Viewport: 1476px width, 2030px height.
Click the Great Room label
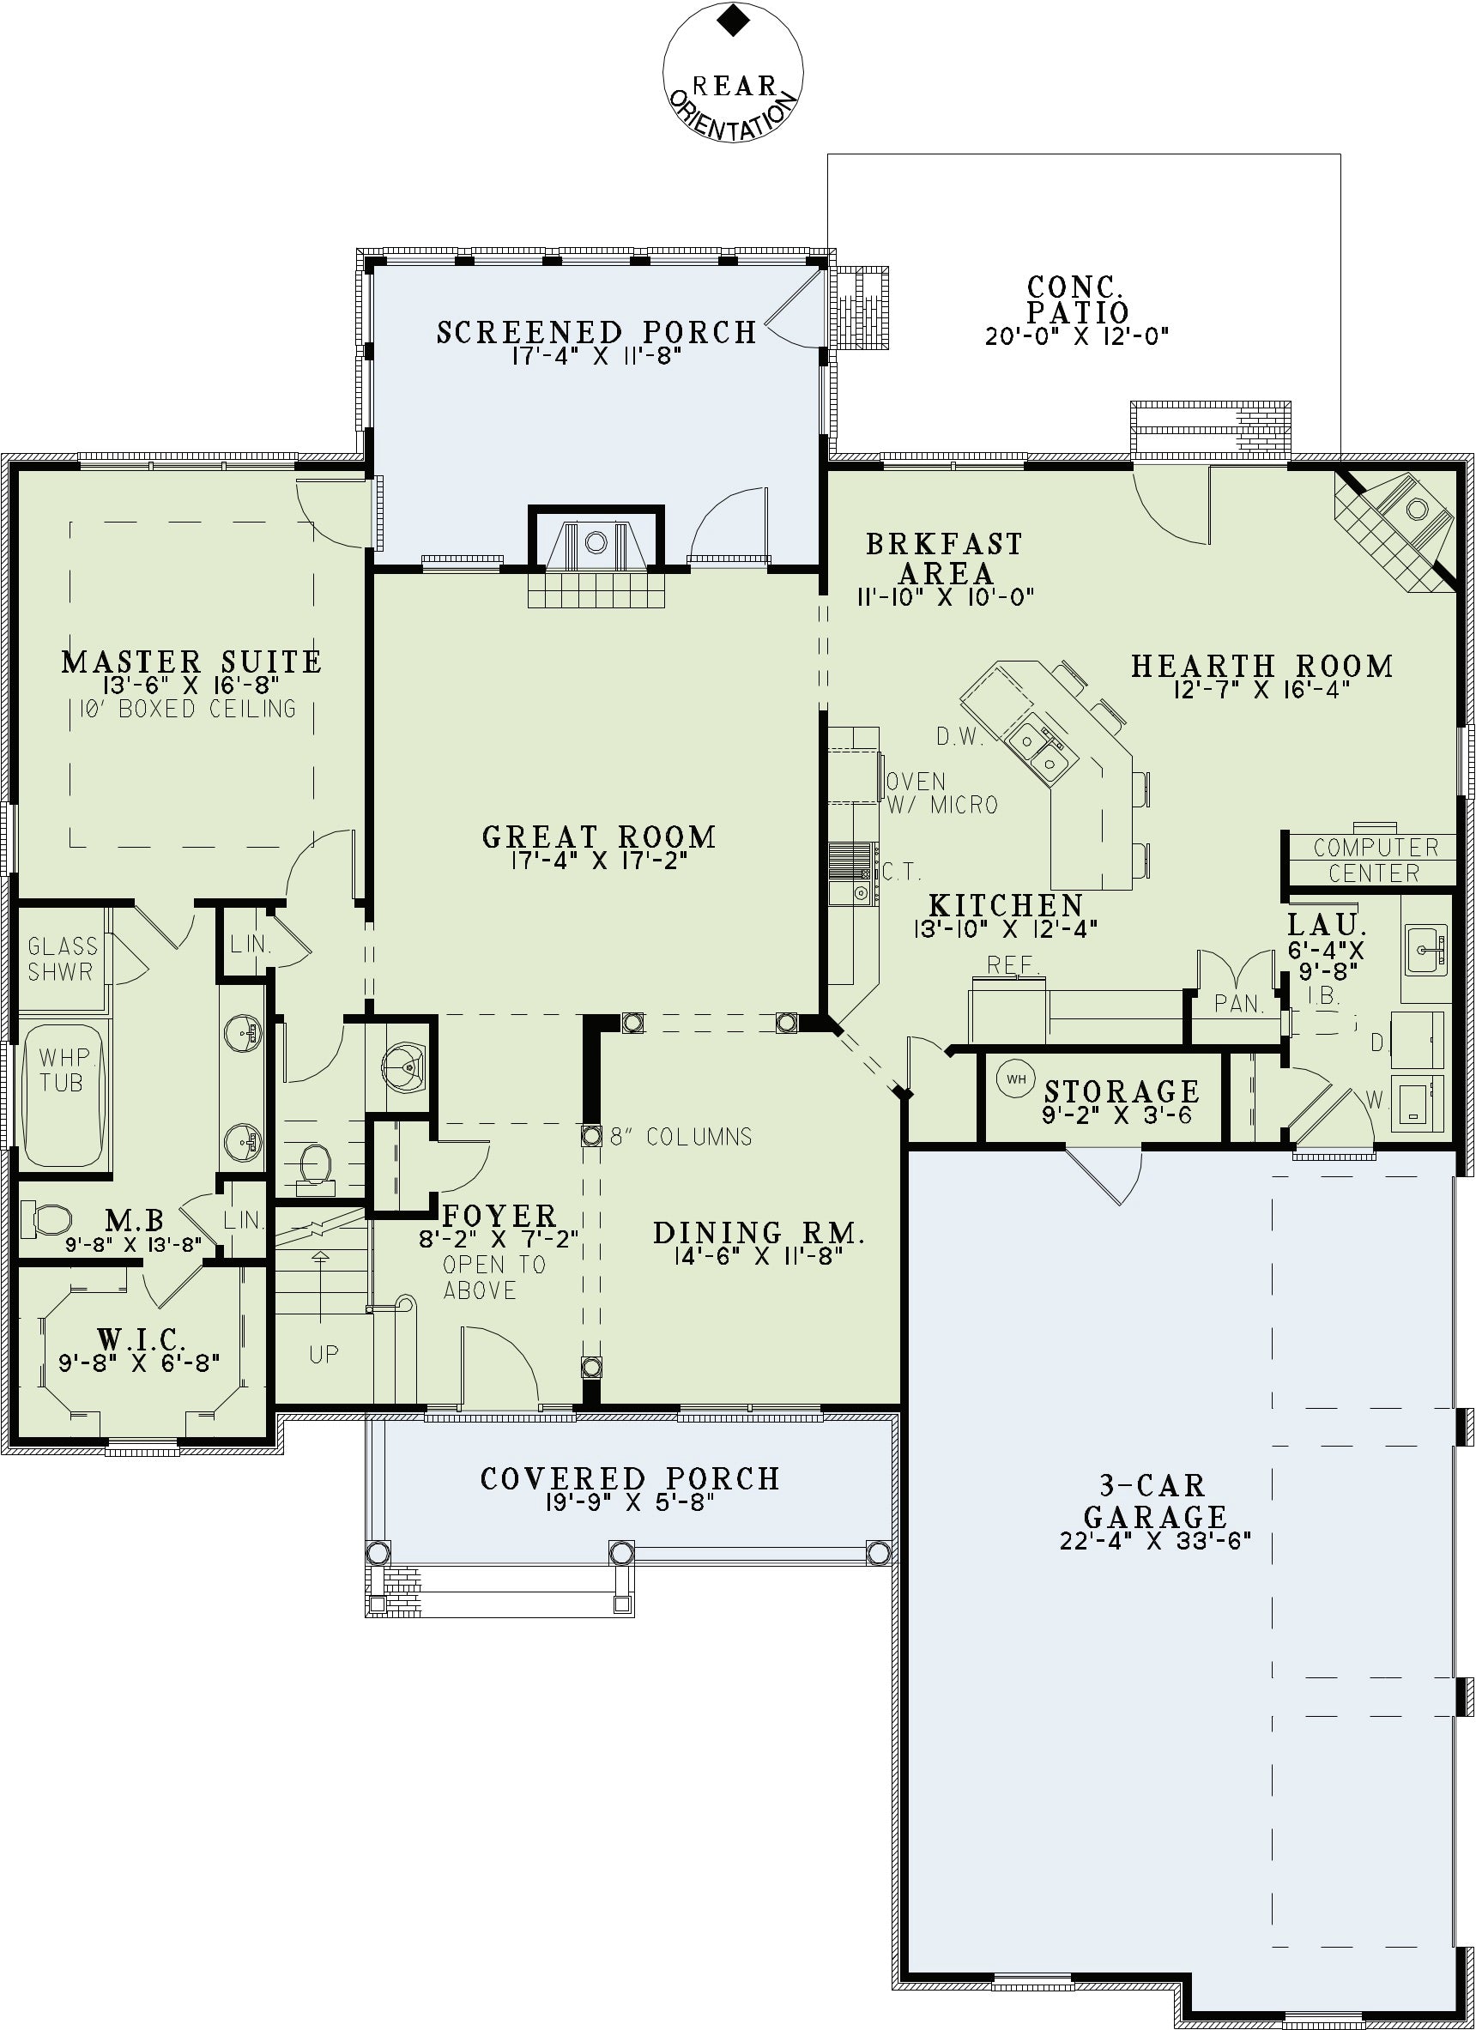600,837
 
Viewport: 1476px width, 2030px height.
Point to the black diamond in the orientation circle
734,21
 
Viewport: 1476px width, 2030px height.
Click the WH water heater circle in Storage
1016,1078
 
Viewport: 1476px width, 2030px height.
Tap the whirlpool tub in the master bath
62,1095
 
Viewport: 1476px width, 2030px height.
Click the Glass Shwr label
63,958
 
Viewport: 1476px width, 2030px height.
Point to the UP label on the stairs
324,1353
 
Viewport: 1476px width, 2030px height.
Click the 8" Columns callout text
681,1137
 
